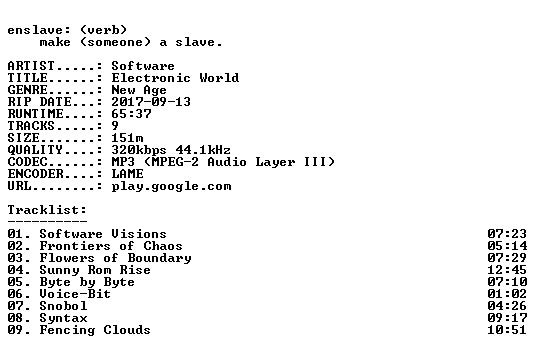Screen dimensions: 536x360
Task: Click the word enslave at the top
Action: (x=35, y=30)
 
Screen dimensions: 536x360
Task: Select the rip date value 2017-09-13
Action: (x=151, y=102)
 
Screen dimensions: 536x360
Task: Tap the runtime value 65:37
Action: (x=131, y=114)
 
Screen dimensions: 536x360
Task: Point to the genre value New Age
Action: (x=139, y=90)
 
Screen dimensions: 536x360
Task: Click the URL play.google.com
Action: (x=171, y=186)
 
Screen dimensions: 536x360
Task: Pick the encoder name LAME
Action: (x=127, y=174)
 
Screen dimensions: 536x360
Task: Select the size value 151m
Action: (x=127, y=138)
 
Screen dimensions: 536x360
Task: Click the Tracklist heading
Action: (x=47, y=210)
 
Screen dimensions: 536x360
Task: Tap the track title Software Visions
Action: (x=103, y=234)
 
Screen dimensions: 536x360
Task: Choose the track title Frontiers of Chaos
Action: (x=111, y=246)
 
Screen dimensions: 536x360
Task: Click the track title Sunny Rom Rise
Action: (x=95, y=270)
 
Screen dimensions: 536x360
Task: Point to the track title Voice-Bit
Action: (x=75, y=294)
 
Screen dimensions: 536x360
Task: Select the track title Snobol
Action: (x=63, y=306)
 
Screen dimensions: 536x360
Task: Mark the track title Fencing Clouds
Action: (x=95, y=330)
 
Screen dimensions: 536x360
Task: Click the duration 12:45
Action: (x=507, y=270)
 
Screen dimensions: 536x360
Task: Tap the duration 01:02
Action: (x=507, y=294)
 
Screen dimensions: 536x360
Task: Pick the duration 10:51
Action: (x=507, y=330)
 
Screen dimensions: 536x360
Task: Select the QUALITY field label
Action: (x=35, y=150)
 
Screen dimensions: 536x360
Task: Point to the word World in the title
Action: (x=219, y=78)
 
